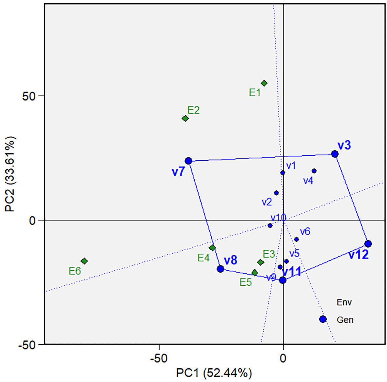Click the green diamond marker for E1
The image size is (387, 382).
264,83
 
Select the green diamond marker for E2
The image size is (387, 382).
185,118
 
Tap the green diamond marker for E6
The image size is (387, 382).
84,261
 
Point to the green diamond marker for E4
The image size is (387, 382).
212,248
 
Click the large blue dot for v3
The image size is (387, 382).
335,154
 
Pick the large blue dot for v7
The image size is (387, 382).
188,161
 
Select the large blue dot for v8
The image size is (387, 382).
220,269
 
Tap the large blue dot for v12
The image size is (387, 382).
368,244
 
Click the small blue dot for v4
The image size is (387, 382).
314,171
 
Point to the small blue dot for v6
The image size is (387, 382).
296,239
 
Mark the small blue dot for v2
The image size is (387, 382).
276,193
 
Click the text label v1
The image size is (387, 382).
291,165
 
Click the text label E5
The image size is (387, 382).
245,282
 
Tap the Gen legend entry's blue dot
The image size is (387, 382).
323,319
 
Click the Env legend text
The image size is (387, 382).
344,302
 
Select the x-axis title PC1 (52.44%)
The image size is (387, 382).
214,373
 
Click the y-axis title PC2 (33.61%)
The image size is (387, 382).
10,174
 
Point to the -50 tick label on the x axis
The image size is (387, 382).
159,358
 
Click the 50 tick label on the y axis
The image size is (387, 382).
28,96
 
